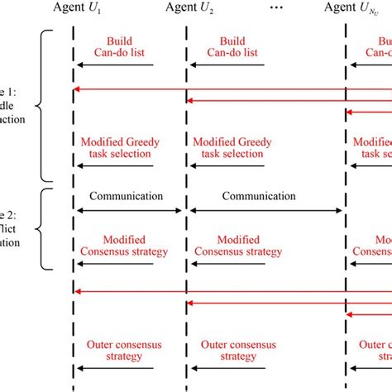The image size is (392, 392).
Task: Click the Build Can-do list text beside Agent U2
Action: [240, 47]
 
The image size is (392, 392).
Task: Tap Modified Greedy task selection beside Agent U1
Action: [128, 147]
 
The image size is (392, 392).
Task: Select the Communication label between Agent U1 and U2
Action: [128, 197]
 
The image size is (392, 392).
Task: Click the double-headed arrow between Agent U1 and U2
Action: [130, 210]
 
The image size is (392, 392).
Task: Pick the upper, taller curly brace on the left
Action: [45, 106]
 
